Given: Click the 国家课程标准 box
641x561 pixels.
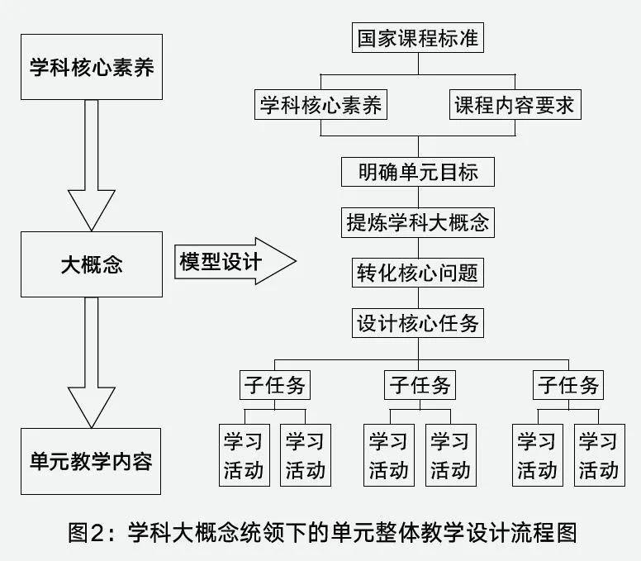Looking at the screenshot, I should click(x=418, y=39).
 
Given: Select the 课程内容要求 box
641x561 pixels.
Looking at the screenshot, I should click(x=513, y=106).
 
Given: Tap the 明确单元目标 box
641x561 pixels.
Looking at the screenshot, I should click(x=418, y=173).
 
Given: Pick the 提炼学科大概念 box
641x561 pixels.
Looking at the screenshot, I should click(x=418, y=223).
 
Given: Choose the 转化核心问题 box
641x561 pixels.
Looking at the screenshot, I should click(x=418, y=273).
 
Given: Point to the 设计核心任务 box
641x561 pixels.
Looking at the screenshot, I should click(x=418, y=323).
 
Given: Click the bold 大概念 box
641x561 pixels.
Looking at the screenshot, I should click(x=91, y=264).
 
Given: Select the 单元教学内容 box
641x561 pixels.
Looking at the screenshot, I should click(x=91, y=460).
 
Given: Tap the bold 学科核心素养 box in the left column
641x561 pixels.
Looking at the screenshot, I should click(x=91, y=67).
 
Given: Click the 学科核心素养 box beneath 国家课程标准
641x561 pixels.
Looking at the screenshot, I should click(x=321, y=106).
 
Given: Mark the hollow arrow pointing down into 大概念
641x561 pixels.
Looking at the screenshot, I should click(x=91, y=165).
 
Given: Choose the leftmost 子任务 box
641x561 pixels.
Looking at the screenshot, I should click(x=274, y=385).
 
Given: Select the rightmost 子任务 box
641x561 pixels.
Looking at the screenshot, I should click(x=568, y=385).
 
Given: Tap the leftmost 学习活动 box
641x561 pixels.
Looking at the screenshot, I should click(x=244, y=455).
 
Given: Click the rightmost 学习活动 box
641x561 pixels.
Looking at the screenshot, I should click(x=599, y=455).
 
